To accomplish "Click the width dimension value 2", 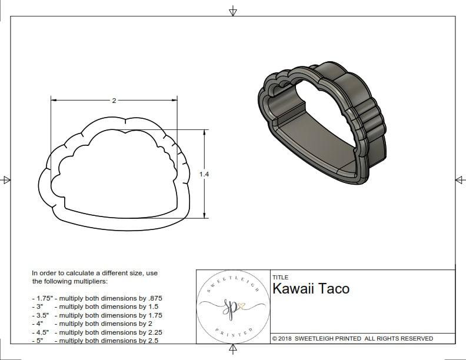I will tap(114, 101).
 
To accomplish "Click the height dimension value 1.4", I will tap(204, 174).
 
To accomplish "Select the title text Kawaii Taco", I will tap(311, 289).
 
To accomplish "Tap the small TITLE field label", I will tap(280, 277).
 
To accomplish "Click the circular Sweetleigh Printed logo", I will tap(232, 306).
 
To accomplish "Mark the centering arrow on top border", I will tap(233, 11).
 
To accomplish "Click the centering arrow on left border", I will tap(6, 179).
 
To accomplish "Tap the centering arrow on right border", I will tap(460, 179).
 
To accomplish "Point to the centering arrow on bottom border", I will tap(233, 350).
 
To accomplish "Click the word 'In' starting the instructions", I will tap(35, 273).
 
